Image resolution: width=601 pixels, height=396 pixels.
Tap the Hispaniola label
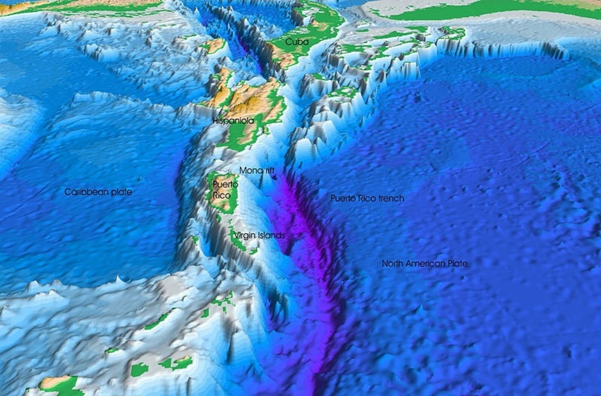(234, 120)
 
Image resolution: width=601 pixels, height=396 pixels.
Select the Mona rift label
(257, 171)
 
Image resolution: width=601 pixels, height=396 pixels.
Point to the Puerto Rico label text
(225, 189)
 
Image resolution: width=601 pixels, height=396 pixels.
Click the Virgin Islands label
(259, 235)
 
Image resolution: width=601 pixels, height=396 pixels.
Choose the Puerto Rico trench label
(367, 198)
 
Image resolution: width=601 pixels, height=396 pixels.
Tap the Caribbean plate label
(98, 192)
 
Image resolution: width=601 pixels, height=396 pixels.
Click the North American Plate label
(425, 264)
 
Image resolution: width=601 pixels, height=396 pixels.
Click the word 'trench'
(391, 198)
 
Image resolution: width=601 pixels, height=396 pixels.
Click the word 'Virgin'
(245, 235)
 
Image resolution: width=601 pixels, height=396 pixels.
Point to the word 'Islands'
(272, 235)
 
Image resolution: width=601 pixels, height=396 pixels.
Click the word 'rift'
(269, 171)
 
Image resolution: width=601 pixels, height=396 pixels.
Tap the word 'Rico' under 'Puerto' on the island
(221, 194)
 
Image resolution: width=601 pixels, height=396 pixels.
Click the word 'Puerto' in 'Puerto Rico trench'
(342, 198)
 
